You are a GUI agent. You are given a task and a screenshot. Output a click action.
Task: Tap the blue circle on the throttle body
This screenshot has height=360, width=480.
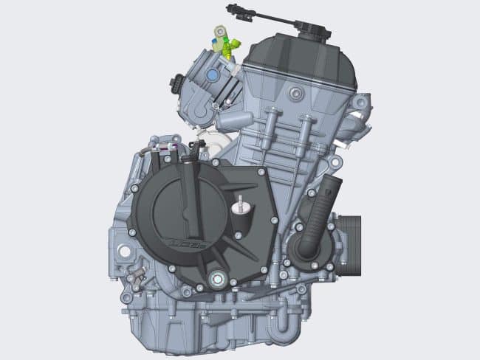(212, 75)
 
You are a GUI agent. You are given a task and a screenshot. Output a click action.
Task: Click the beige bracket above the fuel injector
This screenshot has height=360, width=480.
(219, 32)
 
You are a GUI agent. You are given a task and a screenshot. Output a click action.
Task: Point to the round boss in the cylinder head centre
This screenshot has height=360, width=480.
(296, 93)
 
